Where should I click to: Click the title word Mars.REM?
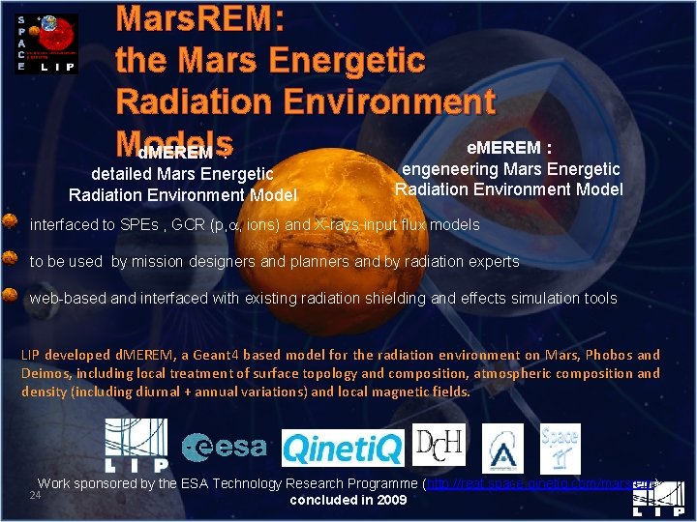click(x=199, y=20)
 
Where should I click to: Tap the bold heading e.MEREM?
click(x=508, y=148)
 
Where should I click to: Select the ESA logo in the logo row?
click(x=225, y=446)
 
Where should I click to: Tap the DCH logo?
click(x=439, y=446)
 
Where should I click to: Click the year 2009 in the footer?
click(x=389, y=501)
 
